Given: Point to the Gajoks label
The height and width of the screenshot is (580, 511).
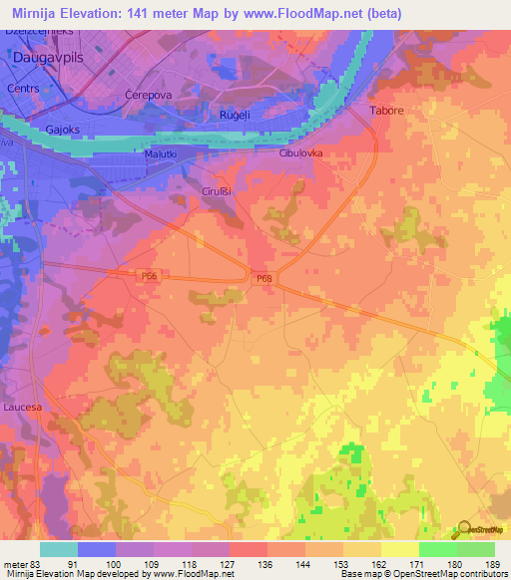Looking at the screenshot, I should tap(63, 130).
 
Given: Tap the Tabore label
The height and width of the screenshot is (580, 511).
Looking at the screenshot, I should tap(386, 112).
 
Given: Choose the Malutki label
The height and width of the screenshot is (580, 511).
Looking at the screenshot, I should tap(161, 154).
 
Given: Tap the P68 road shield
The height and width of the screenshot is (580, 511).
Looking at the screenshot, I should tap(262, 279).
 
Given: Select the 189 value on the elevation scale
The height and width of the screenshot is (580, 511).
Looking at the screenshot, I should tap(493, 562).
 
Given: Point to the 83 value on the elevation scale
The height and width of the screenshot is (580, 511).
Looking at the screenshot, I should tap(31, 562).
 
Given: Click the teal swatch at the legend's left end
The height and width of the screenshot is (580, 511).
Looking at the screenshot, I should tap(59, 549).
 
